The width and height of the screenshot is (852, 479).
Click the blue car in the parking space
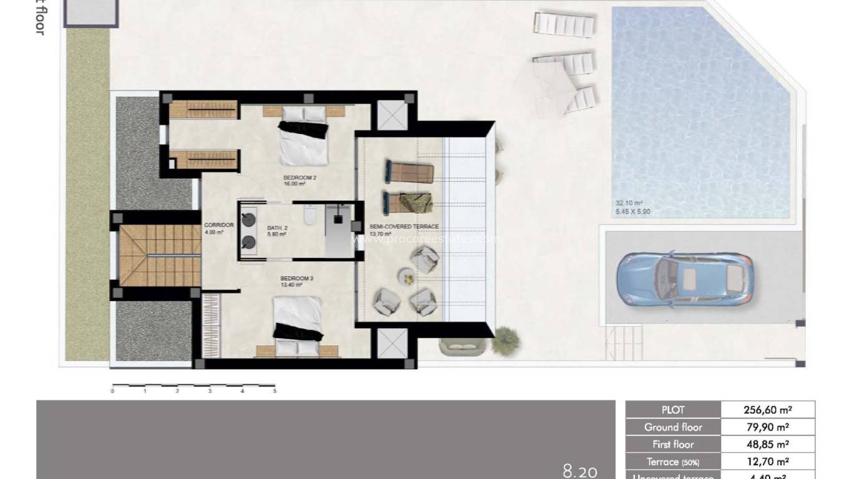coord(684,279)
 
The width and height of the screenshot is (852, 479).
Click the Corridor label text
coord(218,225)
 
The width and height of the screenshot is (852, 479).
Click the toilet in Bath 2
coord(309,217)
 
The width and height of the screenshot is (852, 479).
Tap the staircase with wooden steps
coord(159,255)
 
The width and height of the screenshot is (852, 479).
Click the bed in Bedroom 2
coord(303,137)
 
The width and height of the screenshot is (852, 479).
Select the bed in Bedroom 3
coord(298,324)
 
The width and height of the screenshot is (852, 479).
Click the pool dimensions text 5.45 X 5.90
coord(633,211)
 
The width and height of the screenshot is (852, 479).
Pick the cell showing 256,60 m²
coord(767,410)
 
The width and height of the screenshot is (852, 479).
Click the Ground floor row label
coord(673,427)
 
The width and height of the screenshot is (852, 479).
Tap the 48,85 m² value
coord(767,445)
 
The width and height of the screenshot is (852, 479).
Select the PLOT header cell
coord(673,410)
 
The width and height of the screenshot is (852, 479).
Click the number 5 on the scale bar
coord(274,391)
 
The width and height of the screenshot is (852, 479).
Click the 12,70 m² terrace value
coord(767,462)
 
